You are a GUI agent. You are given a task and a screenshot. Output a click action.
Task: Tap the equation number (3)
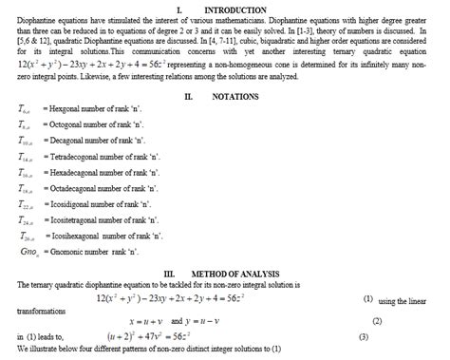point(363,337)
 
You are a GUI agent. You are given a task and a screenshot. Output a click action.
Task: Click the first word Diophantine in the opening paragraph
point(30,19)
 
